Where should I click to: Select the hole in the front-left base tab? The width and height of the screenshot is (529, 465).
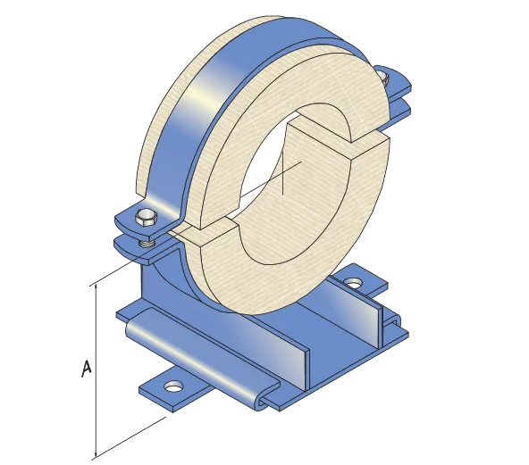click(x=172, y=386)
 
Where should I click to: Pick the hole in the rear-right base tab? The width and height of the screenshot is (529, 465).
click(x=355, y=284)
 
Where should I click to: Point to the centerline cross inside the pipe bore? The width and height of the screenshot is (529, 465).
click(x=283, y=173)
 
